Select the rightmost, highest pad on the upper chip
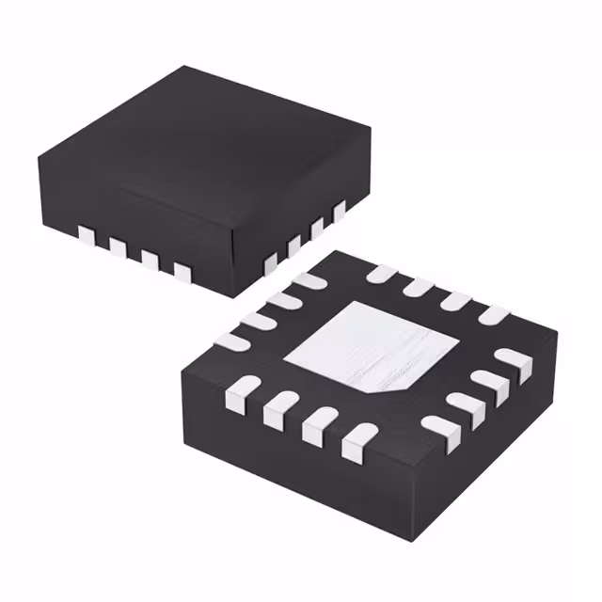(x=340, y=211)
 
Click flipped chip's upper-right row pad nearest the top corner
(x=381, y=274)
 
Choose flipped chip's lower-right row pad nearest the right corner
(x=514, y=360)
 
